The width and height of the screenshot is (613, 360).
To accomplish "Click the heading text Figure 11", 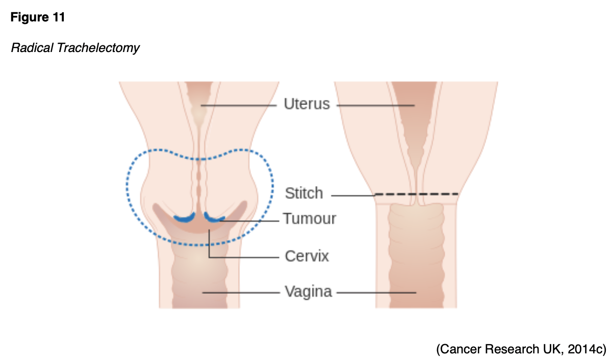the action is pos(38,17).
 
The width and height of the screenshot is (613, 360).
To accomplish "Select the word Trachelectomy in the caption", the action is pos(98,48).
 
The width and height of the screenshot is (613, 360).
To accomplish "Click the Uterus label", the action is pos(307,105).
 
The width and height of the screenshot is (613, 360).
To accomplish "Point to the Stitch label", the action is pos(304,194).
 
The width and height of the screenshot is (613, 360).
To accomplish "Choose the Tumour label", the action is pos(310,219).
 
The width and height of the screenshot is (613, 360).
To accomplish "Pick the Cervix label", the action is pos(306,255).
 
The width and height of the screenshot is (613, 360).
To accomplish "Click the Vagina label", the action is pos(308,292).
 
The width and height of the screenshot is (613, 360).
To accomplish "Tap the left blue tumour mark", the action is pos(184,218).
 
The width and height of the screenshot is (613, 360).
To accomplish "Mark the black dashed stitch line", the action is pos(416,194).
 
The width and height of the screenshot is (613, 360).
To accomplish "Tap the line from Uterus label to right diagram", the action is pos(375,105).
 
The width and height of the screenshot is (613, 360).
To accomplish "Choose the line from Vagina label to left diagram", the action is pos(242,292).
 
